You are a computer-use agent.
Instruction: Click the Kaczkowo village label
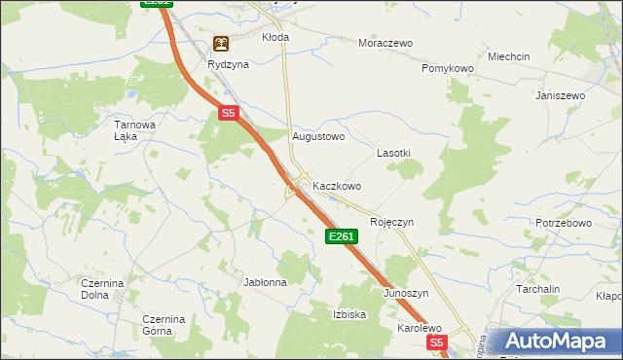pos(337,186)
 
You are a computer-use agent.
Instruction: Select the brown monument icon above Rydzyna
pos(221,44)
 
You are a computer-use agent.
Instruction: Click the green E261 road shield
pos(342,236)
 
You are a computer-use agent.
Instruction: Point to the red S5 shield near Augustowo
pos(228,114)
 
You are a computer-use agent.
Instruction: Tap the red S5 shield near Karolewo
pos(437,343)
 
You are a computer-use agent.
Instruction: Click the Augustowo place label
pos(319,137)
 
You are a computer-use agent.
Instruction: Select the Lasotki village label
pos(393,154)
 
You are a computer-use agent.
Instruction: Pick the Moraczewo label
pos(385,44)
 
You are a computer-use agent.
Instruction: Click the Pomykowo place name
pos(447,69)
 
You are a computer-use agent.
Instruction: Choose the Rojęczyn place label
pos(391,222)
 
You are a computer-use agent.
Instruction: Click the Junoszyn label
pos(406,293)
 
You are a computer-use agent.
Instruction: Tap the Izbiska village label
pos(348,314)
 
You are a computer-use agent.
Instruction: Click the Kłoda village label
pos(275,37)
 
